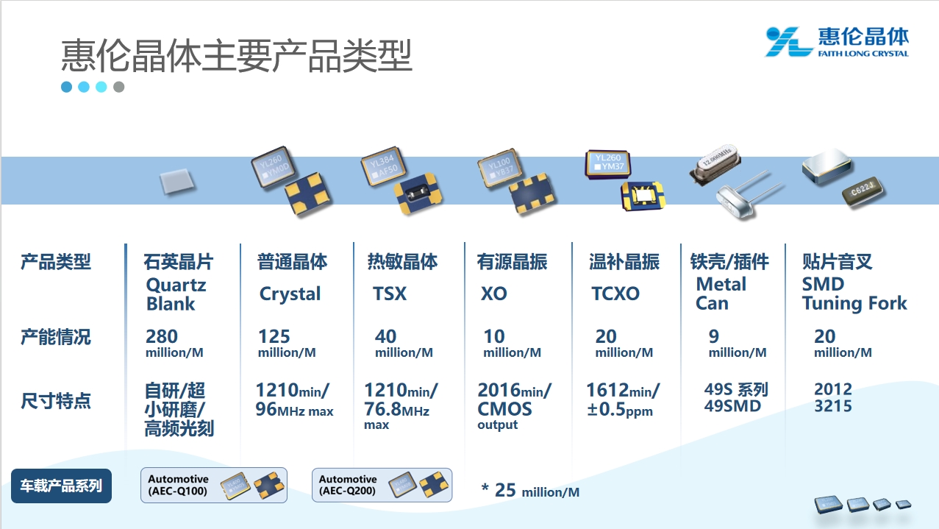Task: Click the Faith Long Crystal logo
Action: coord(837,42)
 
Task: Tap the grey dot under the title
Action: coord(119,87)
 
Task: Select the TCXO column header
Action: coord(615,294)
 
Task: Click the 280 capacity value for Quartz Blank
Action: coord(161,336)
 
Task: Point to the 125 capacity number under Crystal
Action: coord(274,336)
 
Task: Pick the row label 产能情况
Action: coord(56,337)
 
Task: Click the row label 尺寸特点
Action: coord(56,401)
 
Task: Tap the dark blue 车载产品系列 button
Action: coord(61,486)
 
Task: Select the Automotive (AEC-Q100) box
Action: coord(214,486)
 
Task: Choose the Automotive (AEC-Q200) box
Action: coord(382,486)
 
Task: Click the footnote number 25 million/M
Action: coord(531,490)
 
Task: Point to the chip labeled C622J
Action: coord(863,191)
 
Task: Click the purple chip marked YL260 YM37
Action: coord(608,164)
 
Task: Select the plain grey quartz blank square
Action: coord(176,182)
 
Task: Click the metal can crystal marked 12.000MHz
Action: coord(715,164)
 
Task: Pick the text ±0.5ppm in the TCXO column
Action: coord(620,409)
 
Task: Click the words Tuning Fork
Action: coord(854,303)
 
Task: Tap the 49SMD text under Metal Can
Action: coord(732,406)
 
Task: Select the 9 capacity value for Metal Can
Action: coord(713,336)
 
